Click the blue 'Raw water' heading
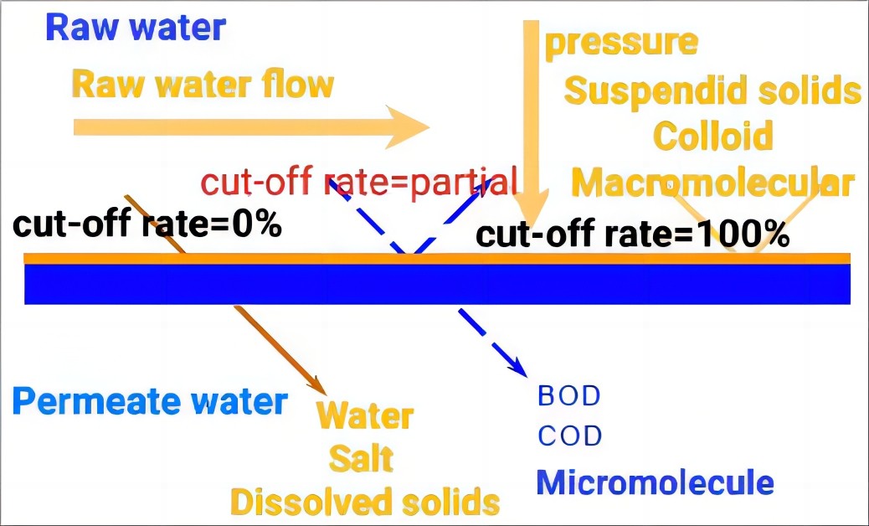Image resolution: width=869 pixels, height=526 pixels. [x=136, y=28]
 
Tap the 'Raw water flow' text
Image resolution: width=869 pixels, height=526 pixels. [x=203, y=85]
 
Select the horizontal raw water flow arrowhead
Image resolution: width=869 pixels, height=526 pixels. [x=409, y=127]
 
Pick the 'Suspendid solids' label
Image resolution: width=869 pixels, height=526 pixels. [x=712, y=91]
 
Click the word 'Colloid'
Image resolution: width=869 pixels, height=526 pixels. [x=713, y=136]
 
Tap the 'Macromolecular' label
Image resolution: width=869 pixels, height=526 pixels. [x=712, y=183]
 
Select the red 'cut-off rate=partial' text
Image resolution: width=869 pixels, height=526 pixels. [x=359, y=182]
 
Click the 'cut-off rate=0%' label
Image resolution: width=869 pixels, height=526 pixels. [x=147, y=225]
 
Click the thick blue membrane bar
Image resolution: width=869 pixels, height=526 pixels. [x=437, y=284]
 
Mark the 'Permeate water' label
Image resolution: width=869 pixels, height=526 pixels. [x=150, y=401]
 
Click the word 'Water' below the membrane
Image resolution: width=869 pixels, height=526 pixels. [x=366, y=416]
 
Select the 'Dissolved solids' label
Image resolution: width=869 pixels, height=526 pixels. [x=365, y=502]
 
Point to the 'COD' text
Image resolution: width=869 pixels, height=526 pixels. [x=570, y=436]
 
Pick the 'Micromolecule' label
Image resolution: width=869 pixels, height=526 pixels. [x=655, y=482]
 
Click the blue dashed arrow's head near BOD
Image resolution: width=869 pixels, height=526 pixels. [x=517, y=367]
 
